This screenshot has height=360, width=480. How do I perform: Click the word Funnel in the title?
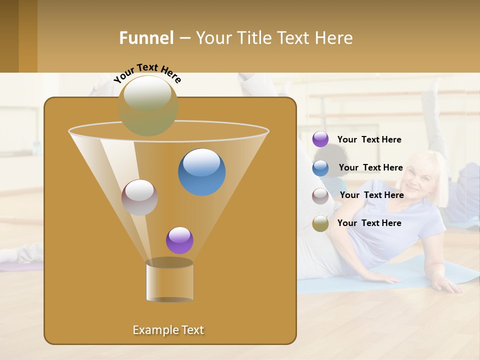(146, 38)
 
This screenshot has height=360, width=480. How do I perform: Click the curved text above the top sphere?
(147, 72)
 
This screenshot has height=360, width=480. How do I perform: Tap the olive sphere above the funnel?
(148, 105)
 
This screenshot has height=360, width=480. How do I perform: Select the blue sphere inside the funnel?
(202, 172)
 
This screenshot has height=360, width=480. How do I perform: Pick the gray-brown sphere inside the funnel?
(139, 197)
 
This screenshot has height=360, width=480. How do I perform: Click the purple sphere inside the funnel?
(179, 240)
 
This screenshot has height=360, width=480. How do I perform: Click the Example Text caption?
(168, 330)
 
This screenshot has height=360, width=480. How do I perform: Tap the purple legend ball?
(320, 139)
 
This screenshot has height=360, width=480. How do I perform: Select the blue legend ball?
(320, 168)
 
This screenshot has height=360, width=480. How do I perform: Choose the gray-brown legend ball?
(320, 196)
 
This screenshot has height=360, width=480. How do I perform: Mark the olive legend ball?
(320, 223)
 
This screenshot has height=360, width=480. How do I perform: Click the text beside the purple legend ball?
(369, 140)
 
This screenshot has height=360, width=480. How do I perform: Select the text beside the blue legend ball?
(370, 167)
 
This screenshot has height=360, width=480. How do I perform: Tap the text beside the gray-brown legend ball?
(371, 195)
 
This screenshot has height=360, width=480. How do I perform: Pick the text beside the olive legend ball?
(369, 223)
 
